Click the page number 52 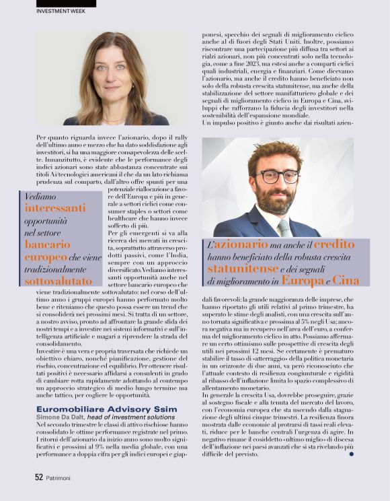[39, 477]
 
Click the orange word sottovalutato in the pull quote [58, 281]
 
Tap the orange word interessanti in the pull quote [54, 209]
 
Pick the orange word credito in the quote [334, 244]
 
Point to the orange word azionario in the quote [241, 244]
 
